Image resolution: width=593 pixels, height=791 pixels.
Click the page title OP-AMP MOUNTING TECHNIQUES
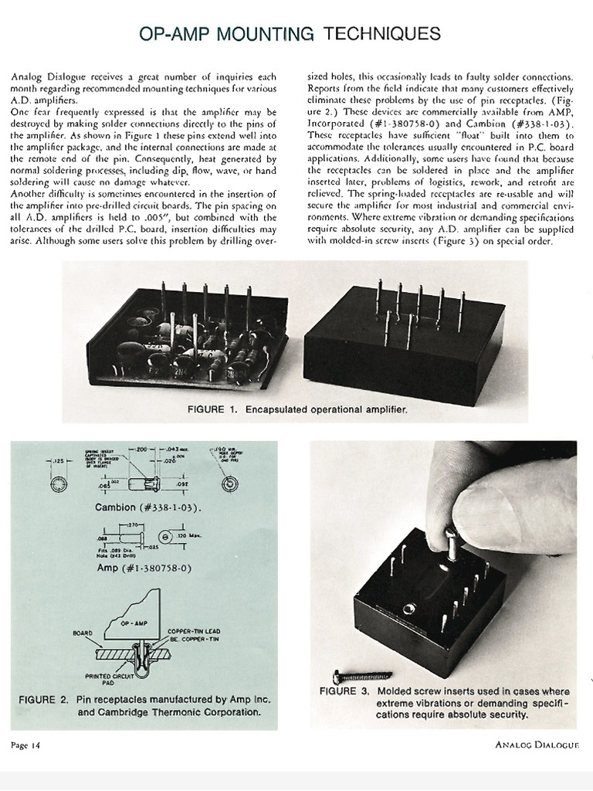(x=290, y=33)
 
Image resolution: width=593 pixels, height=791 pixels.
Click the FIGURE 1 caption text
(x=297, y=409)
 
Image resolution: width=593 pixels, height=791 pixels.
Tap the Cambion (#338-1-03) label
(x=147, y=508)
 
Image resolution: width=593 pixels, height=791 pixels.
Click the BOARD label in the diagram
(x=82, y=633)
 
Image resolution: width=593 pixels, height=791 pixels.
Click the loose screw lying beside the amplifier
(x=361, y=676)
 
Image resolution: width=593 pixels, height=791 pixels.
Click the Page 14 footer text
(x=30, y=745)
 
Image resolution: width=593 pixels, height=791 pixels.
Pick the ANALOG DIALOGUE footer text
(x=537, y=745)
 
